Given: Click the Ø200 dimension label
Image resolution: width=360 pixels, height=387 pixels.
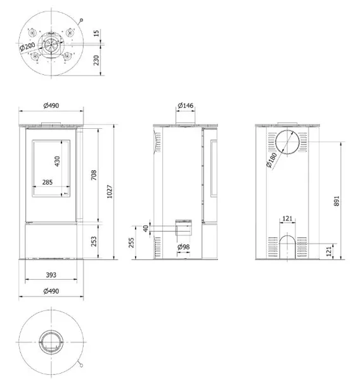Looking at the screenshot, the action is [27, 46].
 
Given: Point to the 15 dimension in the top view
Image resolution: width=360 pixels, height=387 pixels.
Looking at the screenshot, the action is [96, 33].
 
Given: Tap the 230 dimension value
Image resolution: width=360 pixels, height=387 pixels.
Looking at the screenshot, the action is [96, 60].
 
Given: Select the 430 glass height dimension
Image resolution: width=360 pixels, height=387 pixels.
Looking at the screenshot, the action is [57, 161].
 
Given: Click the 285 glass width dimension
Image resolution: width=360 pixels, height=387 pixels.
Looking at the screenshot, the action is [48, 182].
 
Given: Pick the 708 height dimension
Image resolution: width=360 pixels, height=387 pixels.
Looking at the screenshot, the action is [94, 175].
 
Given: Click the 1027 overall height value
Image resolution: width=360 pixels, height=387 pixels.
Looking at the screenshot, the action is [110, 192].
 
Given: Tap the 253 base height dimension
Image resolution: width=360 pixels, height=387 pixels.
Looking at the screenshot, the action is [94, 241].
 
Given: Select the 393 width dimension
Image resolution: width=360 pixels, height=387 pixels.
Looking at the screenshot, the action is [51, 275].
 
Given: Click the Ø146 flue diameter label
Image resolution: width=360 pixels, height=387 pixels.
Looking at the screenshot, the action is [186, 106].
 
